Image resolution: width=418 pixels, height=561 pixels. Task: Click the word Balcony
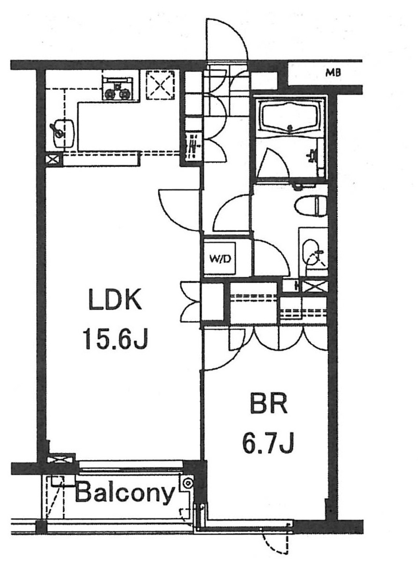(125, 494)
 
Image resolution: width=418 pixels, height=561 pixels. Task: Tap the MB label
(333, 73)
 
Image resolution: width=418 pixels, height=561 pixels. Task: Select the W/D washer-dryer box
(220, 259)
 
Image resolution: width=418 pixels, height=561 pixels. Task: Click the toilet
(311, 206)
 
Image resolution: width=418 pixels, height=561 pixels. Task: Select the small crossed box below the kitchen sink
(52, 160)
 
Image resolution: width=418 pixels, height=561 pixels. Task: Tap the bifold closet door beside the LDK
(191, 303)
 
